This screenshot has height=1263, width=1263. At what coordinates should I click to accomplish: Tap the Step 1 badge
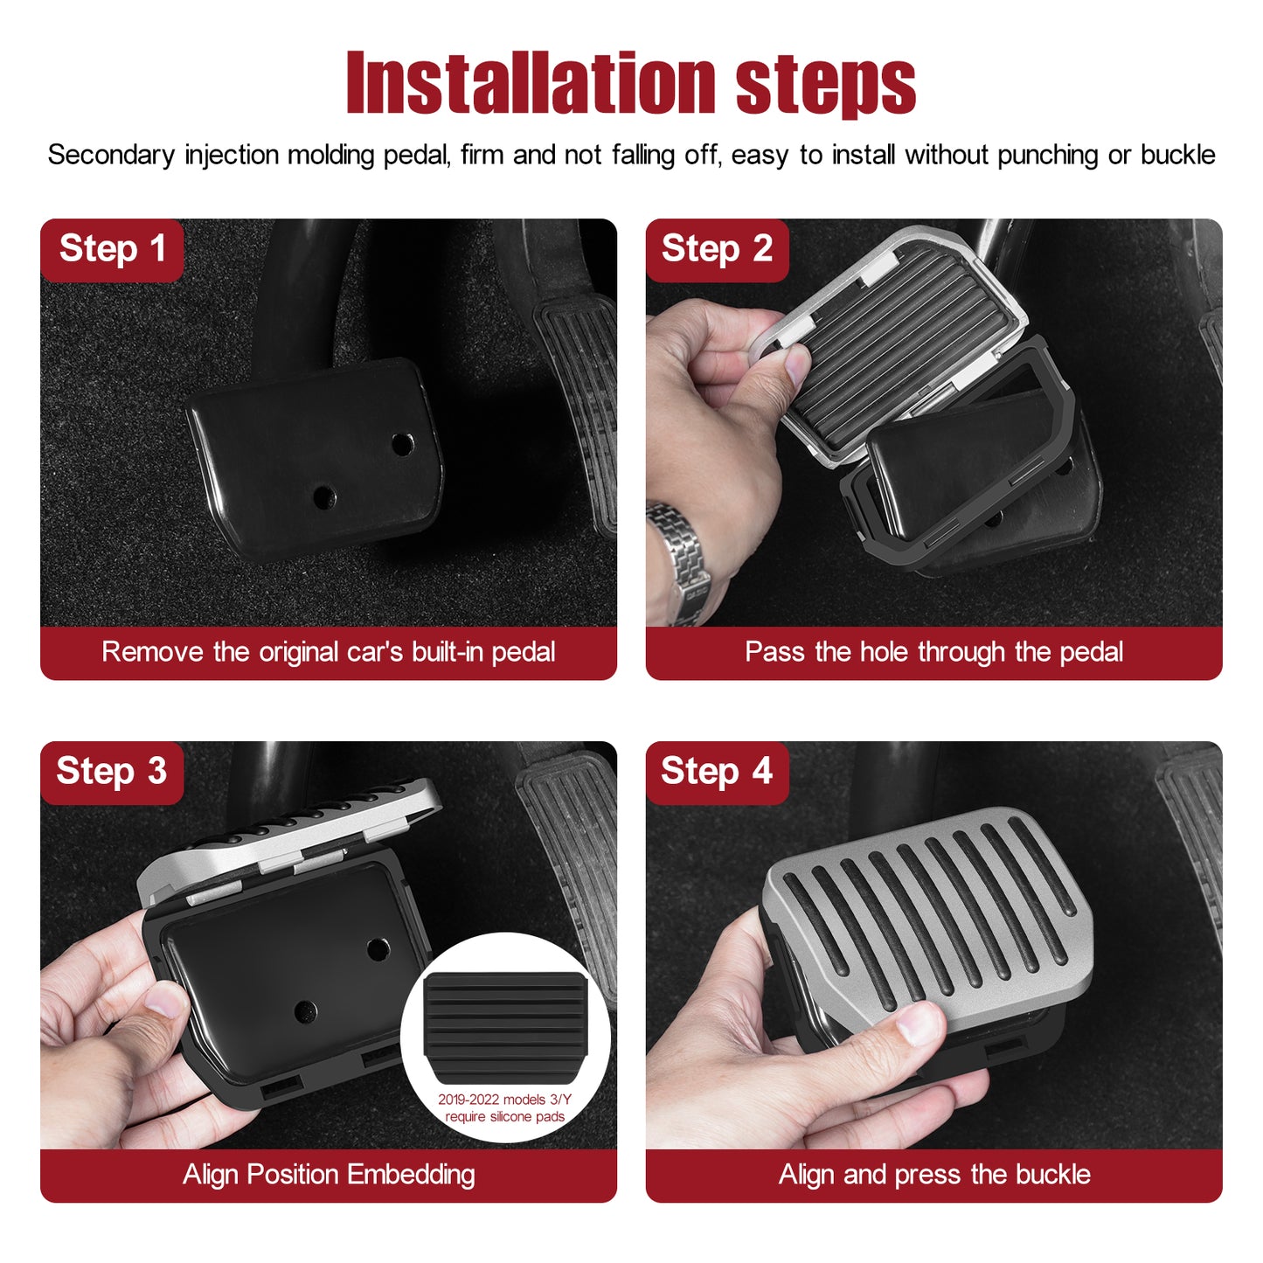point(112,250)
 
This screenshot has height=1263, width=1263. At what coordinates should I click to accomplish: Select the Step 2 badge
point(717,250)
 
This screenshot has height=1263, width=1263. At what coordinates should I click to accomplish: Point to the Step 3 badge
point(112,772)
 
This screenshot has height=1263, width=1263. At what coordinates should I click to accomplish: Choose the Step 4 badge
point(717,772)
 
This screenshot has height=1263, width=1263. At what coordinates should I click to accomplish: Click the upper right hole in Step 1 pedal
point(402,445)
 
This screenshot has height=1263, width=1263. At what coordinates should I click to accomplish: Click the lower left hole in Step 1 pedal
point(324,497)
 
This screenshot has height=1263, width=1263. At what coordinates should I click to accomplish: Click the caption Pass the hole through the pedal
point(934,652)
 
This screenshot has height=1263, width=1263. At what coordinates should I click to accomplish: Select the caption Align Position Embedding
point(329,1174)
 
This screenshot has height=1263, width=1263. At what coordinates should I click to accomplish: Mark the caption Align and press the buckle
point(934,1174)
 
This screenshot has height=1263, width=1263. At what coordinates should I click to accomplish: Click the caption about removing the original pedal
point(329,652)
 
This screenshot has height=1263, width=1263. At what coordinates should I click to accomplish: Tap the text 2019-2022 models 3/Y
point(504,1100)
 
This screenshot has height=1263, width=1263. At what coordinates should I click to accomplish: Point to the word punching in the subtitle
point(1047,156)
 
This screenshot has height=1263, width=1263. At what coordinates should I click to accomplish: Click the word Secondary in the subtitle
point(111,156)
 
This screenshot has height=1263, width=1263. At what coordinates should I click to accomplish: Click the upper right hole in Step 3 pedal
point(378,948)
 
